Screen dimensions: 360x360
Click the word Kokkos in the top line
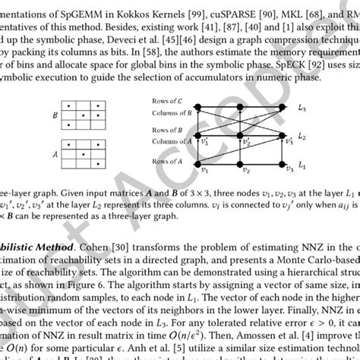(105, 7)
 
